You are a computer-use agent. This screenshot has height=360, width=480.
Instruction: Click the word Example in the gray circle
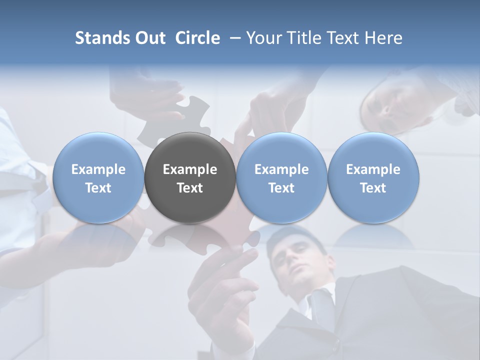click(x=190, y=169)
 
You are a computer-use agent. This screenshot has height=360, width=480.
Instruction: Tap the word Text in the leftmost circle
click(x=98, y=188)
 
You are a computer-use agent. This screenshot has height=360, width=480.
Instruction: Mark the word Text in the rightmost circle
click(x=373, y=188)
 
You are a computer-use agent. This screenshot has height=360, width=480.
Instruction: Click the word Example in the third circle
click(x=281, y=169)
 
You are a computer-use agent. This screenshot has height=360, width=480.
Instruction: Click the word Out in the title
click(x=149, y=38)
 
